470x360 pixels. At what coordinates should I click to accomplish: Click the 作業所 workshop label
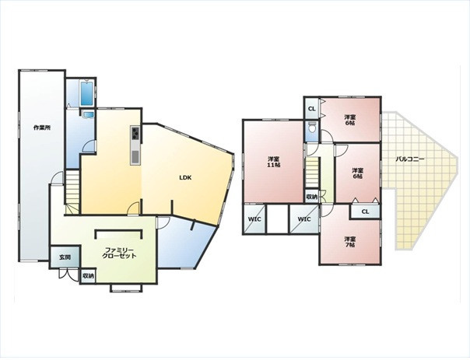(42, 128)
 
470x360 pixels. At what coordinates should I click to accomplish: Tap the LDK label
(185, 177)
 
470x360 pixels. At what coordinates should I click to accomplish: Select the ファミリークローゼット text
(119, 253)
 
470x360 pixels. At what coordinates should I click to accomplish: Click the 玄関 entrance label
(65, 257)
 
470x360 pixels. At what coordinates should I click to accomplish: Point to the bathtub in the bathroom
(87, 93)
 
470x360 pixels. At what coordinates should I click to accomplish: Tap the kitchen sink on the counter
(135, 157)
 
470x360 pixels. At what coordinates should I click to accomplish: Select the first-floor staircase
(72, 192)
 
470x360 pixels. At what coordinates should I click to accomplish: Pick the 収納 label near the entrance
(88, 276)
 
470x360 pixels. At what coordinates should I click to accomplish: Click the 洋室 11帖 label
(274, 162)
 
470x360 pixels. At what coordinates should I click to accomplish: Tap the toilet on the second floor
(312, 128)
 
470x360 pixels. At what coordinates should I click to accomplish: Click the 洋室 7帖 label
(349, 242)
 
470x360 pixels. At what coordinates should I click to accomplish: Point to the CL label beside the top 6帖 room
(312, 109)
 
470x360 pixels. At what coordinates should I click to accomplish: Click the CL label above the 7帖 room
(365, 211)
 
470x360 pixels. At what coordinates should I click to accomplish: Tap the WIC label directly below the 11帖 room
(254, 219)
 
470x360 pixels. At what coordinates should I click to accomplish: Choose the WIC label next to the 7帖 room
(304, 219)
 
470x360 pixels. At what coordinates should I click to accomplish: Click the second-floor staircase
(312, 173)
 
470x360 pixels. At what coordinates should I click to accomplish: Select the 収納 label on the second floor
(312, 197)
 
